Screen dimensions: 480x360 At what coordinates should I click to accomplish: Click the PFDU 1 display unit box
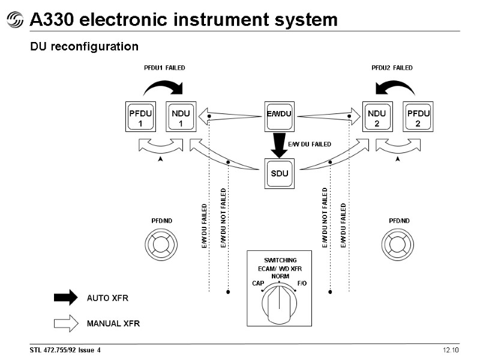[140, 116]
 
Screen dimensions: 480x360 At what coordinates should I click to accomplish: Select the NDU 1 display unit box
[181, 116]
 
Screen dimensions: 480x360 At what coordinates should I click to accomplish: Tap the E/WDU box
[279, 116]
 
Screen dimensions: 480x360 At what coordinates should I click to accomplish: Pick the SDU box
[279, 173]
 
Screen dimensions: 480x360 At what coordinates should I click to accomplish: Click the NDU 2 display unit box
[377, 116]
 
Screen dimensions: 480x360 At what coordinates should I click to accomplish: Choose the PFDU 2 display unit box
[418, 116]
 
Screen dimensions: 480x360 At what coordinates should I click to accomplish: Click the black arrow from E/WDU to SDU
[279, 145]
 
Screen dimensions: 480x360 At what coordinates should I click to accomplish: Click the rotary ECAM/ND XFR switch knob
[279, 303]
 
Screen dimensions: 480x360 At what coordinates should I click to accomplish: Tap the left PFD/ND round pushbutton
[161, 245]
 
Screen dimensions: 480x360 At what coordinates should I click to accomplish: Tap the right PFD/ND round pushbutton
[398, 245]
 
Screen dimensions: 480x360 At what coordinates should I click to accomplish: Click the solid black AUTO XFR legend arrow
[66, 298]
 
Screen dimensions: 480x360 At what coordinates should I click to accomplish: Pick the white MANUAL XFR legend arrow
[66, 323]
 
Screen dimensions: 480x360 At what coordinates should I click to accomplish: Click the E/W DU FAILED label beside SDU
[310, 144]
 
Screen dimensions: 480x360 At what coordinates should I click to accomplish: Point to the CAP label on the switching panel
[258, 283]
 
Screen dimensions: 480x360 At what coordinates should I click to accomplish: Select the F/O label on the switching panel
[302, 283]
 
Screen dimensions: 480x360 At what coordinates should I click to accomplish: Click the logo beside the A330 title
[14, 20]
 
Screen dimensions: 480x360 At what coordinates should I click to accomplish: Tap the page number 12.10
[451, 350]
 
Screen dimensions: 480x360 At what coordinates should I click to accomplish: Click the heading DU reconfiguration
[84, 47]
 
